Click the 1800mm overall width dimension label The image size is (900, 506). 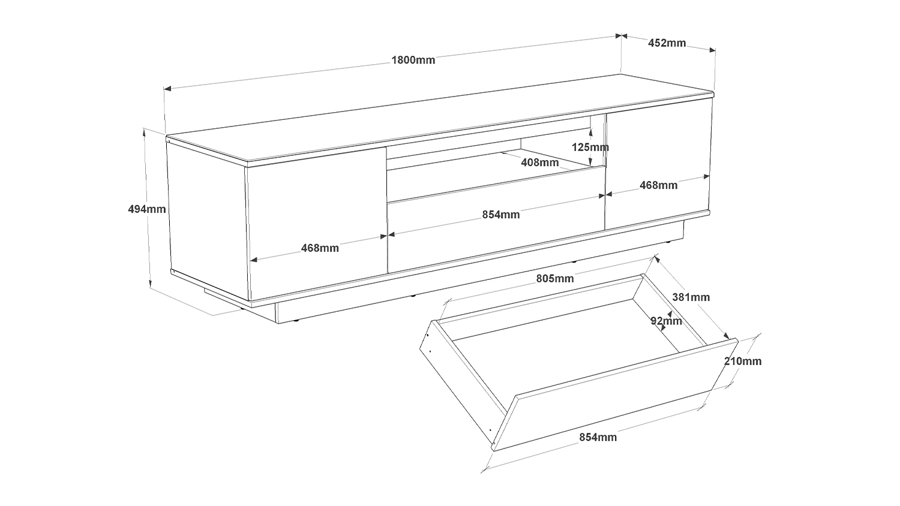[413, 60]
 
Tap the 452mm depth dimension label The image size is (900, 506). [667, 43]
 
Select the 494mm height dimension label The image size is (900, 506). [147, 209]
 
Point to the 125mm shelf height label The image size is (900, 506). [590, 147]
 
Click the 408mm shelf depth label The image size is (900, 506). [539, 162]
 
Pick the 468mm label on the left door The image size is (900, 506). [320, 248]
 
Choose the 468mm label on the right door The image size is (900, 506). [659, 185]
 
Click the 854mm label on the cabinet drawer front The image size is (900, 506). [501, 215]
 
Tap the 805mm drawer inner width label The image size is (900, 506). [555, 279]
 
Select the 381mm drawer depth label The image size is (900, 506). [691, 297]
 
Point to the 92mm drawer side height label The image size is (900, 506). [666, 321]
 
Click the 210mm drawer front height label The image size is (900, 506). [743, 362]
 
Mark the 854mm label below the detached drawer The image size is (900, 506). [598, 437]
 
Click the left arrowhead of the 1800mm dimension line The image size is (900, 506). [167, 88]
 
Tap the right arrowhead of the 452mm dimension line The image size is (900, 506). [712, 50]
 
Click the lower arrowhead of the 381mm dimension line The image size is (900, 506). [726, 336]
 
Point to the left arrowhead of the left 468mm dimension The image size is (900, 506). [254, 260]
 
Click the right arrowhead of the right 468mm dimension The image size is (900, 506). [706, 177]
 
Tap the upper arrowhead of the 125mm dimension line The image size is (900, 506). [590, 131]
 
